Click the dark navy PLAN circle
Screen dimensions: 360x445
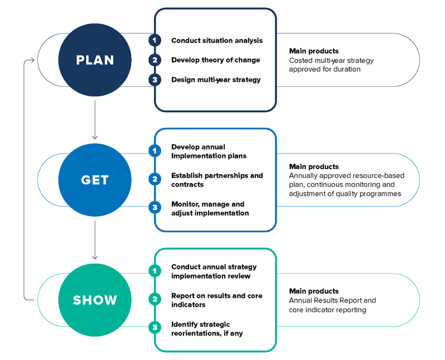coord(95,60)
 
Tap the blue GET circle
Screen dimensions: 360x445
coord(95,180)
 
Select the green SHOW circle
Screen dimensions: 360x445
coord(95,300)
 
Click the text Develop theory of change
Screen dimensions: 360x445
coord(215,60)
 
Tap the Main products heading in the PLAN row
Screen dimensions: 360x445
coord(314,51)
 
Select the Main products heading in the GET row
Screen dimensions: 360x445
coord(314,166)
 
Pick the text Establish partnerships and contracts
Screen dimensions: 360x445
coord(216,180)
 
